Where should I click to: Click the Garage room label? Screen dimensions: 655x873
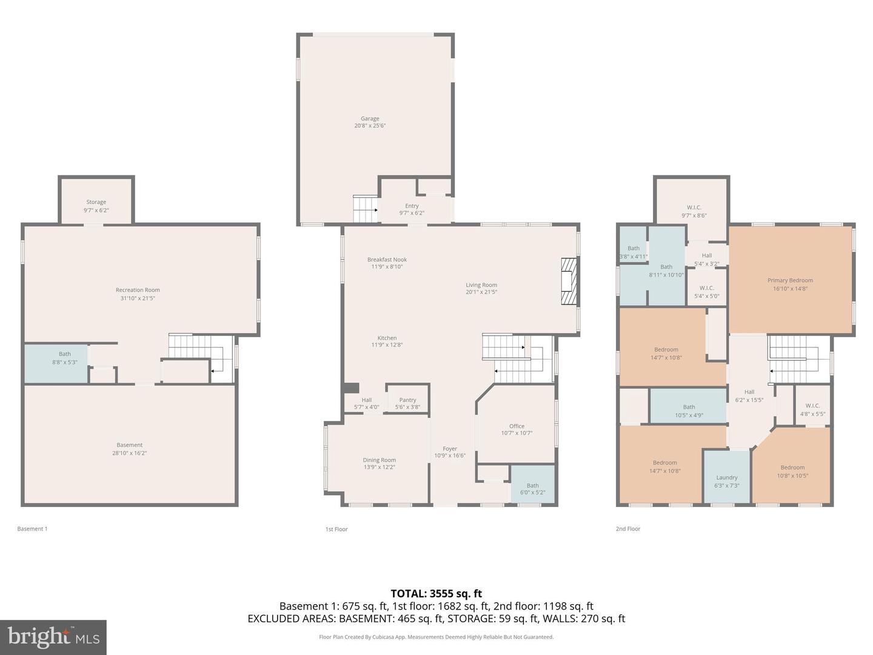click(x=370, y=119)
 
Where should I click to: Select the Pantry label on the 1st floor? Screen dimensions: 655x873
click(x=407, y=400)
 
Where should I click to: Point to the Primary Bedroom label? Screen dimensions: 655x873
click(x=790, y=280)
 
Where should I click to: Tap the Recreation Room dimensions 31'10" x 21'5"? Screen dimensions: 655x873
click(x=138, y=298)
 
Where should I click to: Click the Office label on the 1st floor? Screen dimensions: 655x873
click(x=517, y=426)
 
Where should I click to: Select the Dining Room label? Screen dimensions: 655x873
click(x=380, y=460)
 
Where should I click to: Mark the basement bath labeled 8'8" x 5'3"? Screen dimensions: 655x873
click(x=64, y=358)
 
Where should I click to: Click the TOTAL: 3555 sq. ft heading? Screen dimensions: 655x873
click(x=436, y=593)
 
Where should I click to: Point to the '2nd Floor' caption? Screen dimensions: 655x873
click(x=627, y=529)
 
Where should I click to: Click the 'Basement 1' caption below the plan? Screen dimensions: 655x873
click(x=32, y=529)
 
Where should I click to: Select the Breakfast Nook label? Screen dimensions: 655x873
click(x=387, y=260)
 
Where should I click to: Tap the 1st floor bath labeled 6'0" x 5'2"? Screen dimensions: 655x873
click(x=532, y=488)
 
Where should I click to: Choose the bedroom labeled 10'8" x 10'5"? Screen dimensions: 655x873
click(x=792, y=471)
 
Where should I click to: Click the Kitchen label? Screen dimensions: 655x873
click(x=387, y=338)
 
